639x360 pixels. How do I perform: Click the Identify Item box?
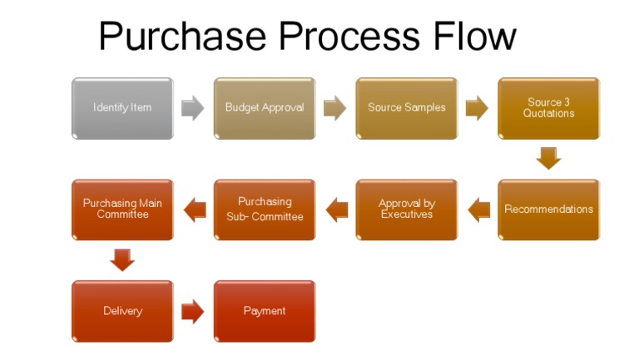(x=122, y=108)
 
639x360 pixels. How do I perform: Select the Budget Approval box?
(x=265, y=108)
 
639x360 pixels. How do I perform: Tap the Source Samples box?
(x=407, y=108)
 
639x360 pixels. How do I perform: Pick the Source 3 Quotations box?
(x=549, y=108)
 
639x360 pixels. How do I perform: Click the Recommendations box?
(x=549, y=210)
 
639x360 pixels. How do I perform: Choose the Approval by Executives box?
(x=407, y=210)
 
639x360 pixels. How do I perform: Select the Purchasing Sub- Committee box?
(x=265, y=210)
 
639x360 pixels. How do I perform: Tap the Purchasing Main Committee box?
(x=122, y=210)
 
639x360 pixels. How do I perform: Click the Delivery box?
(x=122, y=311)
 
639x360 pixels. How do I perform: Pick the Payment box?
(x=265, y=311)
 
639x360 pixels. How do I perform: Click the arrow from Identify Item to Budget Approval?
(x=193, y=108)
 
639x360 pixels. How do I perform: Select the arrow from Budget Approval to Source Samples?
(x=335, y=108)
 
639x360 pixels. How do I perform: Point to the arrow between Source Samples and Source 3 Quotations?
(x=478, y=108)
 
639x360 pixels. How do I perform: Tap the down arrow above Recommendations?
(x=549, y=158)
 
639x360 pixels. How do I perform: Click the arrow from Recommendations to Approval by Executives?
(x=478, y=210)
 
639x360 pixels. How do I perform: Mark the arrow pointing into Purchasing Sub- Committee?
(x=336, y=210)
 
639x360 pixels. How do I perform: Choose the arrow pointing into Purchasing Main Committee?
(x=194, y=210)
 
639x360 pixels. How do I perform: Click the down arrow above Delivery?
(x=122, y=260)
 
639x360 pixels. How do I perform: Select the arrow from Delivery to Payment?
(x=193, y=311)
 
